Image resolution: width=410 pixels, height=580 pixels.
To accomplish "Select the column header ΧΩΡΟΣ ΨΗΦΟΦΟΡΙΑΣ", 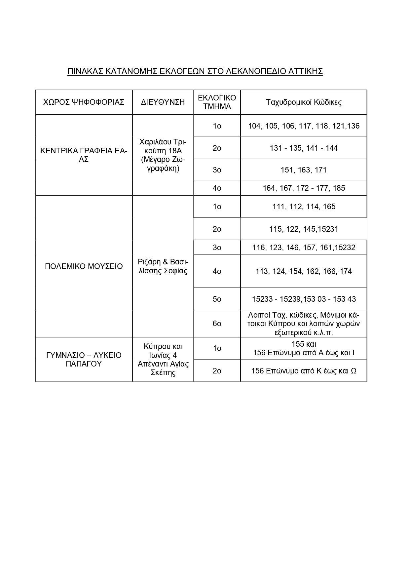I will click(x=84, y=102).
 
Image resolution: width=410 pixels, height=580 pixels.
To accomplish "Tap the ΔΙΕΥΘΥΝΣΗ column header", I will click(x=163, y=102).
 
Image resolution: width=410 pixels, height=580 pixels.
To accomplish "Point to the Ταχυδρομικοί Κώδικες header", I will click(x=304, y=102).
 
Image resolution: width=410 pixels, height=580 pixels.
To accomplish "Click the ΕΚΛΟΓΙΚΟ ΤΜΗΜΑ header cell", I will click(x=217, y=102).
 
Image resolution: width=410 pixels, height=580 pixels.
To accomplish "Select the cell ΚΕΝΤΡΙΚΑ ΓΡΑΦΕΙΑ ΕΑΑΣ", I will click(x=84, y=155).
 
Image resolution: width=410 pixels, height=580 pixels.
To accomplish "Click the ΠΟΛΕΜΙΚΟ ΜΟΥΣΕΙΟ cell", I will click(x=84, y=266).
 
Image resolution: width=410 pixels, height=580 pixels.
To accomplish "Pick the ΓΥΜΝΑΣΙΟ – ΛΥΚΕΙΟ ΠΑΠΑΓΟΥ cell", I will click(x=84, y=360).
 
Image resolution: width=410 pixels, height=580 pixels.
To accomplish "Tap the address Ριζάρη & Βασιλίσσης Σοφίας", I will click(x=163, y=266).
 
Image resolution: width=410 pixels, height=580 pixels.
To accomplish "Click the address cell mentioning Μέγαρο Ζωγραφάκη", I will click(x=163, y=155).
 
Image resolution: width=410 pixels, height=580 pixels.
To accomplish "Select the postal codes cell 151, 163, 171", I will click(x=304, y=170).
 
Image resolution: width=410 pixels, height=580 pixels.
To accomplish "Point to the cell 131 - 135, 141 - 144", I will click(x=304, y=148).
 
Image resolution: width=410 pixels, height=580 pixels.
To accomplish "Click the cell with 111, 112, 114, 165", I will click(x=304, y=207).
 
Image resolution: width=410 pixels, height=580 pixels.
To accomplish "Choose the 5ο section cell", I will click(x=217, y=299).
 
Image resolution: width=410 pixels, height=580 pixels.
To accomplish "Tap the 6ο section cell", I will click(x=217, y=324).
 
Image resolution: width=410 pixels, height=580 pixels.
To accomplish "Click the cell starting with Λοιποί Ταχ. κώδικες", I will click(x=304, y=324).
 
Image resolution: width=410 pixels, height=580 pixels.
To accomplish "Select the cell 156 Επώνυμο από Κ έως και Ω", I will click(x=304, y=371).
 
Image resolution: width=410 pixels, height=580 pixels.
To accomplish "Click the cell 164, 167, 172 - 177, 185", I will click(x=304, y=188).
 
